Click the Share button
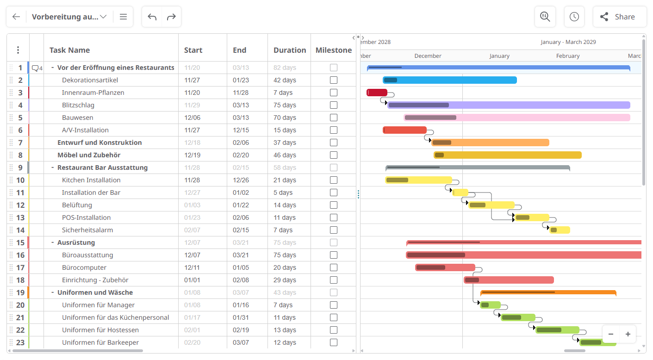tap(619, 17)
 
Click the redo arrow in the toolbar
tap(171, 17)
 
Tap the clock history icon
tap(574, 17)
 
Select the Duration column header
tap(289, 50)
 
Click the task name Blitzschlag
tap(78, 105)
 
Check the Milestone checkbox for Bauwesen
tap(333, 118)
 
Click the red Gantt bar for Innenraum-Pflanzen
tap(377, 93)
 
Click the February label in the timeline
tap(568, 56)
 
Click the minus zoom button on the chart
tap(611, 334)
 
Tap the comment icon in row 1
tap(35, 68)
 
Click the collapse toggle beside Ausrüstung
tap(52, 242)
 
